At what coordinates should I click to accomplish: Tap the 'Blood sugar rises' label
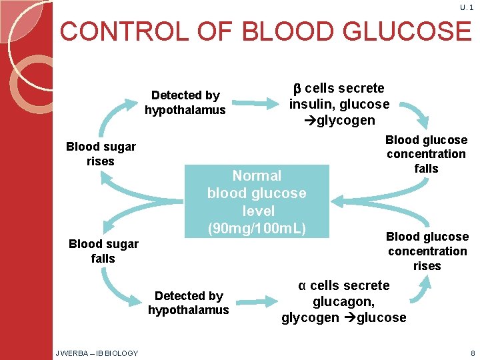[101, 154]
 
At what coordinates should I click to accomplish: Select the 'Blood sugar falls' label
[103, 251]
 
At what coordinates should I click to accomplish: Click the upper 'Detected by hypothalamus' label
[185, 102]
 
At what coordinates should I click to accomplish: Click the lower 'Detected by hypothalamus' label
[188, 303]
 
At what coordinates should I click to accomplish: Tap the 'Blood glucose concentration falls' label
[427, 154]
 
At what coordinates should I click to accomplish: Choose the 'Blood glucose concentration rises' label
[427, 251]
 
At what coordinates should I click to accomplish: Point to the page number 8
[472, 353]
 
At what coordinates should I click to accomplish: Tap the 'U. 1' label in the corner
[467, 7]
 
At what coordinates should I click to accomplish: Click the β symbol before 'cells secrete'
[298, 89]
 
